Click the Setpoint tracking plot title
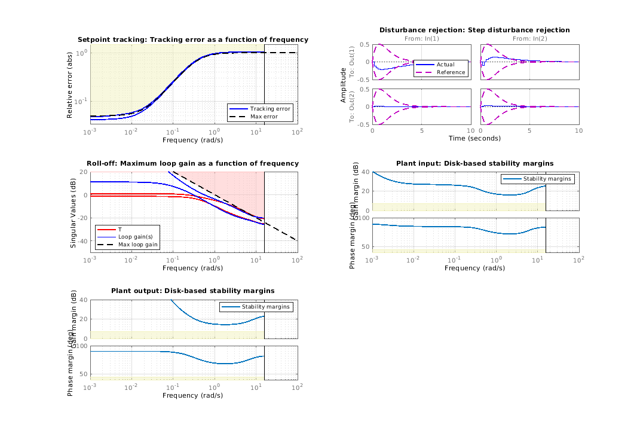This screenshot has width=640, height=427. click(193, 39)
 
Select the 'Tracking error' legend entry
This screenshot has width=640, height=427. click(270, 108)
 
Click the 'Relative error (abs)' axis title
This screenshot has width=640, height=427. click(70, 84)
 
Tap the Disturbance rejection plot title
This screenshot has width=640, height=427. click(474, 30)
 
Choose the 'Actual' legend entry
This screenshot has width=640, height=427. click(445, 65)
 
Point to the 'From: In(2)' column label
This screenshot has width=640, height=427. click(529, 39)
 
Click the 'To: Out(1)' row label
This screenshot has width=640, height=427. click(352, 62)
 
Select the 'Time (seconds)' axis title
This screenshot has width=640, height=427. click(474, 138)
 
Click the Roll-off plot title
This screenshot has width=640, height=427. click(193, 163)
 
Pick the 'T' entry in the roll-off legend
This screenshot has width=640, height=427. click(120, 229)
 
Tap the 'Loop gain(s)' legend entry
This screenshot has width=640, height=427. click(131, 237)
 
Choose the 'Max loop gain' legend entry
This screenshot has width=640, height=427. click(137, 245)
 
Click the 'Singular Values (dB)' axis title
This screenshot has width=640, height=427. click(73, 212)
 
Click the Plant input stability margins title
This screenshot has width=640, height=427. click(474, 163)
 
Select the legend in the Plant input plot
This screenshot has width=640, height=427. click(537, 178)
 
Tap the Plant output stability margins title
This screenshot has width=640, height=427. click(193, 291)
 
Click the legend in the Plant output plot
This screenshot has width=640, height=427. click(256, 307)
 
